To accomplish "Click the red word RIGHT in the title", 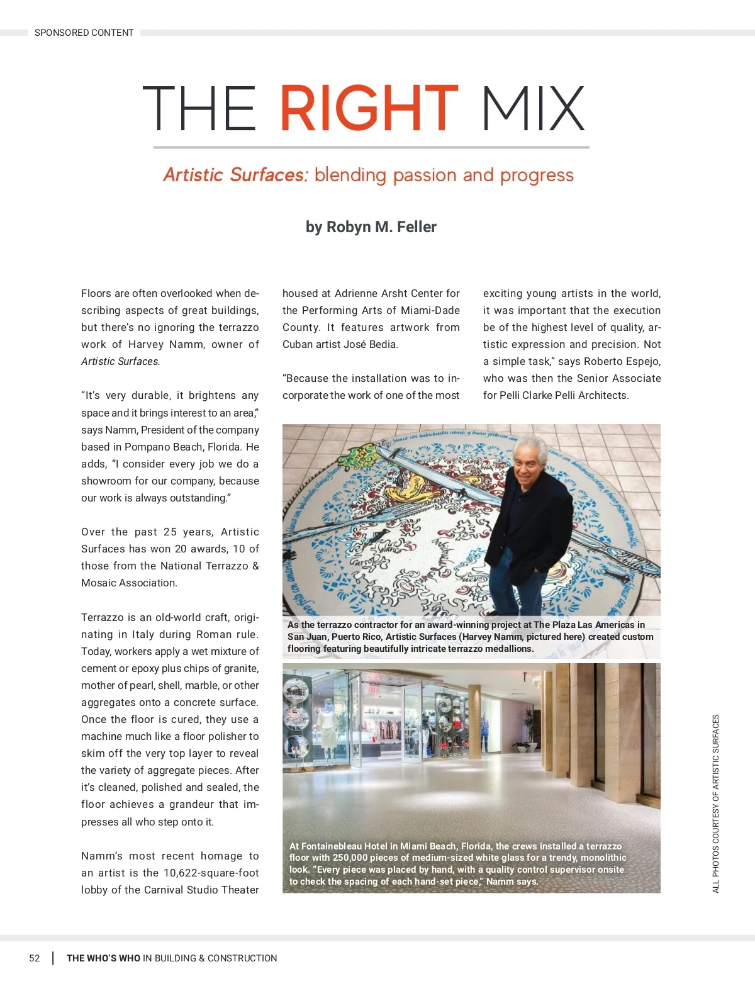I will tap(369, 108).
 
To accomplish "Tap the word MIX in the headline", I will tap(533, 108).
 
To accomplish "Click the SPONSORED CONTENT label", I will tap(84, 33).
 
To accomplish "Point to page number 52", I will tap(35, 958).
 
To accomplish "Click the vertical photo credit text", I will tap(716, 803).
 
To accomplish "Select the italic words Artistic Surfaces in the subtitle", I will tap(235, 175).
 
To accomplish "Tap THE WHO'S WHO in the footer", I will tap(104, 958).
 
